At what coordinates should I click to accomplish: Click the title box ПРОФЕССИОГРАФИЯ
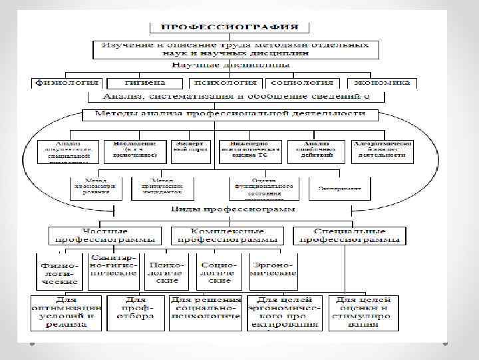point(230,27)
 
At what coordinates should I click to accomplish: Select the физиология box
point(67,83)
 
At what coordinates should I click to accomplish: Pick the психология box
point(224,83)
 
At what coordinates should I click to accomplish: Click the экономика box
point(382,83)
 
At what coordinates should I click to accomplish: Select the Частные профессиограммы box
point(104,235)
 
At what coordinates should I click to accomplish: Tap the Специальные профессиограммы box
point(349,235)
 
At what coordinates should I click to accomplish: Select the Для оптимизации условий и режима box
point(67,313)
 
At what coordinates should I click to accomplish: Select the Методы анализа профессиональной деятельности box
point(230,114)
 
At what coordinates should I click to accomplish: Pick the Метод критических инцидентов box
point(162,187)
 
